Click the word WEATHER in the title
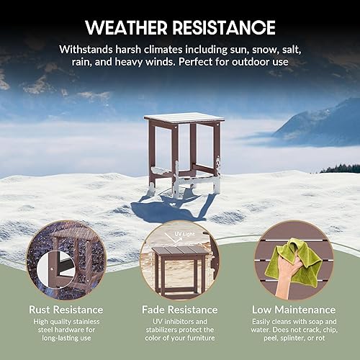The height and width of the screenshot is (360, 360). tap(127, 28)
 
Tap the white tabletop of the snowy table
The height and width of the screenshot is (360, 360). tap(184, 117)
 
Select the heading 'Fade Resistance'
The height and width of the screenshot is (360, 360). tap(179, 309)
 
